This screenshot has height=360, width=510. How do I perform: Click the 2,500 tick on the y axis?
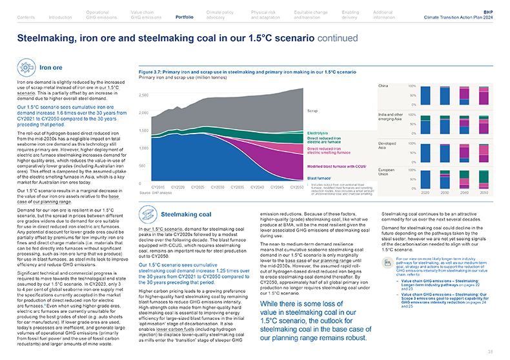pyautogui.click(x=144, y=95)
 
